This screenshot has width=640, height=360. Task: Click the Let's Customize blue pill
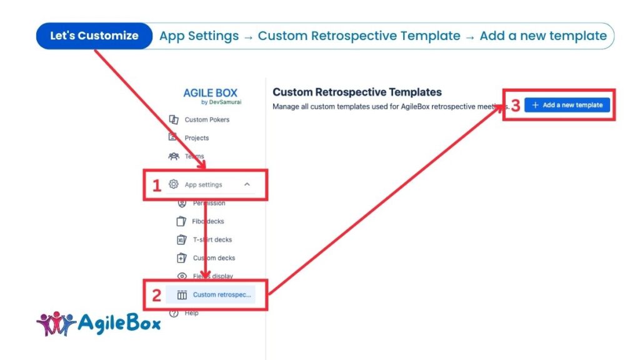tap(94, 36)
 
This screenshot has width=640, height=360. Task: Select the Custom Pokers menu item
tap(206, 119)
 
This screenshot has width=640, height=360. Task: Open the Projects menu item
tap(196, 137)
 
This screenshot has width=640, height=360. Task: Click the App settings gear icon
tap(174, 184)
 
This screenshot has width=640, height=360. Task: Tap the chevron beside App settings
tap(247, 184)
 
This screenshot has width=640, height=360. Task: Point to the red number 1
tap(157, 185)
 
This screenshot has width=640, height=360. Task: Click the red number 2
tap(157, 296)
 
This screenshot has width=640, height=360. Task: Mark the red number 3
tap(516, 106)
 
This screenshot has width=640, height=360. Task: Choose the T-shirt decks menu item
tap(212, 239)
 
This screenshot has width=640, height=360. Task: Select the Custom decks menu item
tap(214, 257)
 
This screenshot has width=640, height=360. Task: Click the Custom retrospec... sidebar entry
tap(221, 294)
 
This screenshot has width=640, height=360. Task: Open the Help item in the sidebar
tap(191, 313)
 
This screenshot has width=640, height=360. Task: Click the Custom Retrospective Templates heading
tap(357, 92)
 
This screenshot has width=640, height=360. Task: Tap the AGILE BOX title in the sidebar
tap(210, 93)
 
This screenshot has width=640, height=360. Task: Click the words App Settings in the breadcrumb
tap(199, 36)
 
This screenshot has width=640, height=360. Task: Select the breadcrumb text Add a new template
tap(543, 36)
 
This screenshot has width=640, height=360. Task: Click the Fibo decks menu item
tap(208, 221)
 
